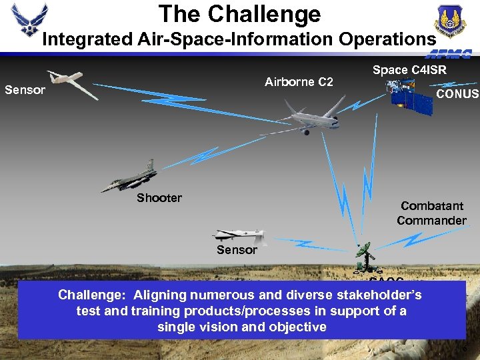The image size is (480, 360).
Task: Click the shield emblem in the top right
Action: pyautogui.click(x=451, y=20)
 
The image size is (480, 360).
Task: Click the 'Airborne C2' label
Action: pyautogui.click(x=299, y=82)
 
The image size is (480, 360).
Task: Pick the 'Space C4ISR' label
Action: pyautogui.click(x=409, y=69)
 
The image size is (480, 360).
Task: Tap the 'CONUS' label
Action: pyautogui.click(x=457, y=94)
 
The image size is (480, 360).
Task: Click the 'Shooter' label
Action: pyautogui.click(x=159, y=198)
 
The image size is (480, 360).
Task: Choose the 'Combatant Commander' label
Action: pyautogui.click(x=431, y=213)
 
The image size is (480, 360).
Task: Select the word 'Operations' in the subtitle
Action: pyautogui.click(x=387, y=39)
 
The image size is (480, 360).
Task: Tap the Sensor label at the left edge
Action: pyautogui.click(x=25, y=89)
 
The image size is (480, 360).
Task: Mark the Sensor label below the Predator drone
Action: pyautogui.click(x=237, y=250)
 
